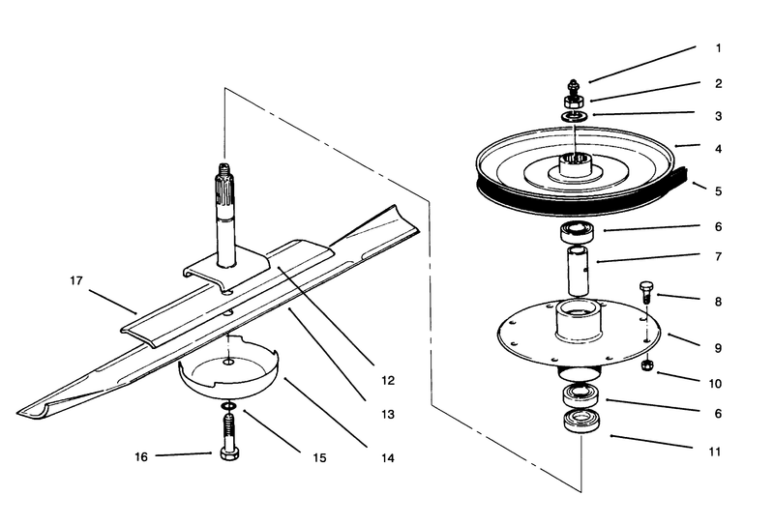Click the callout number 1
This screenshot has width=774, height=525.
pos(719,47)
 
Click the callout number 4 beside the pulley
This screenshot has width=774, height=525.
pos(719,149)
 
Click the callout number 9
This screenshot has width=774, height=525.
pos(719,346)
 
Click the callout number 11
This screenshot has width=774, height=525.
pos(719,449)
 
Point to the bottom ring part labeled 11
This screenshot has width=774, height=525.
pos(581,423)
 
